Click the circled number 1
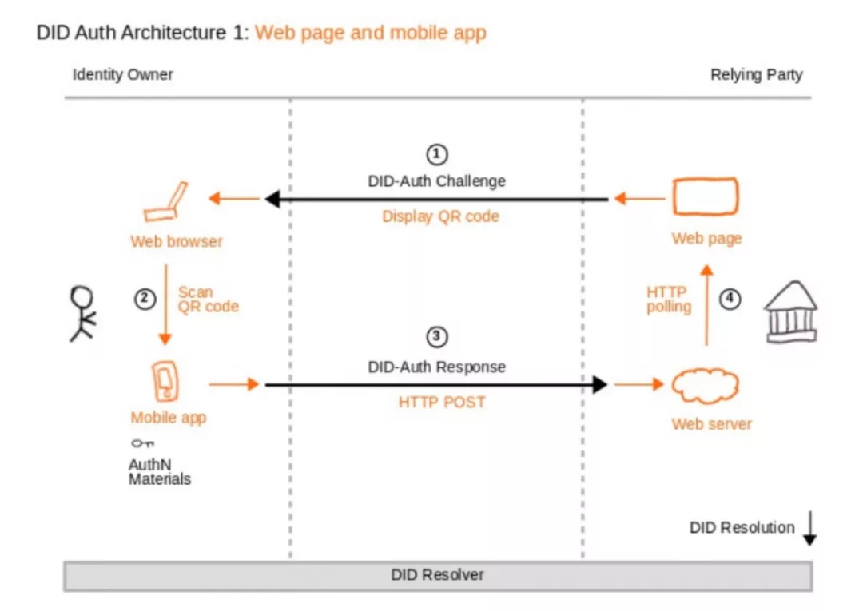coord(437,154)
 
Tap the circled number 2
coord(145,300)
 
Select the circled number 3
coord(437,336)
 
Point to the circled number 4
coord(730,300)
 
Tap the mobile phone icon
coord(165,380)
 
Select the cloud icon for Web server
coord(705,386)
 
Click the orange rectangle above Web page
coord(705,196)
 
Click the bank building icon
coord(791,311)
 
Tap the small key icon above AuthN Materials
coord(142,443)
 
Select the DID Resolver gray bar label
coord(438,575)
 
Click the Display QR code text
coord(441,216)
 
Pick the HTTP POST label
coord(442,402)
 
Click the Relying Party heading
coord(756,75)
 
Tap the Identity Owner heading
coord(123,75)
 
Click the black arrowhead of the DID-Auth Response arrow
coord(600,384)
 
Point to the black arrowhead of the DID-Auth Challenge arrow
coord(272,199)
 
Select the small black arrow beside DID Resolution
coord(809,528)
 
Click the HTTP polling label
coord(669,300)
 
